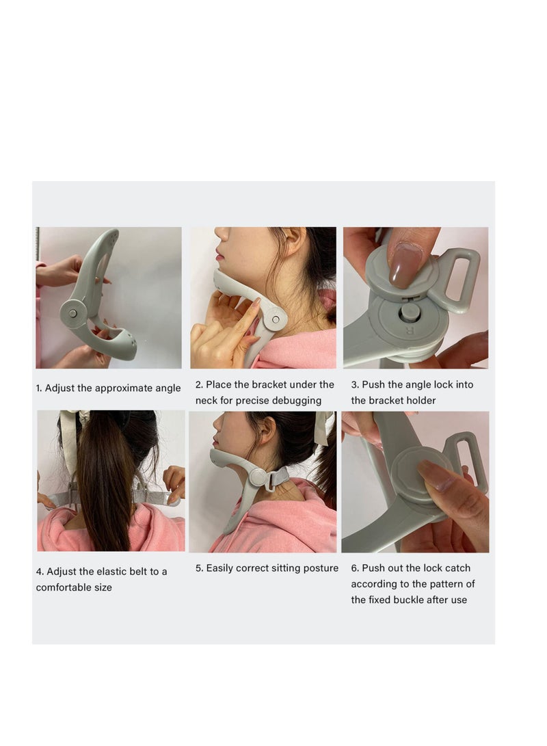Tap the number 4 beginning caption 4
39,572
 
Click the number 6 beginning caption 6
354,568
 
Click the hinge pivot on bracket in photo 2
275,318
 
